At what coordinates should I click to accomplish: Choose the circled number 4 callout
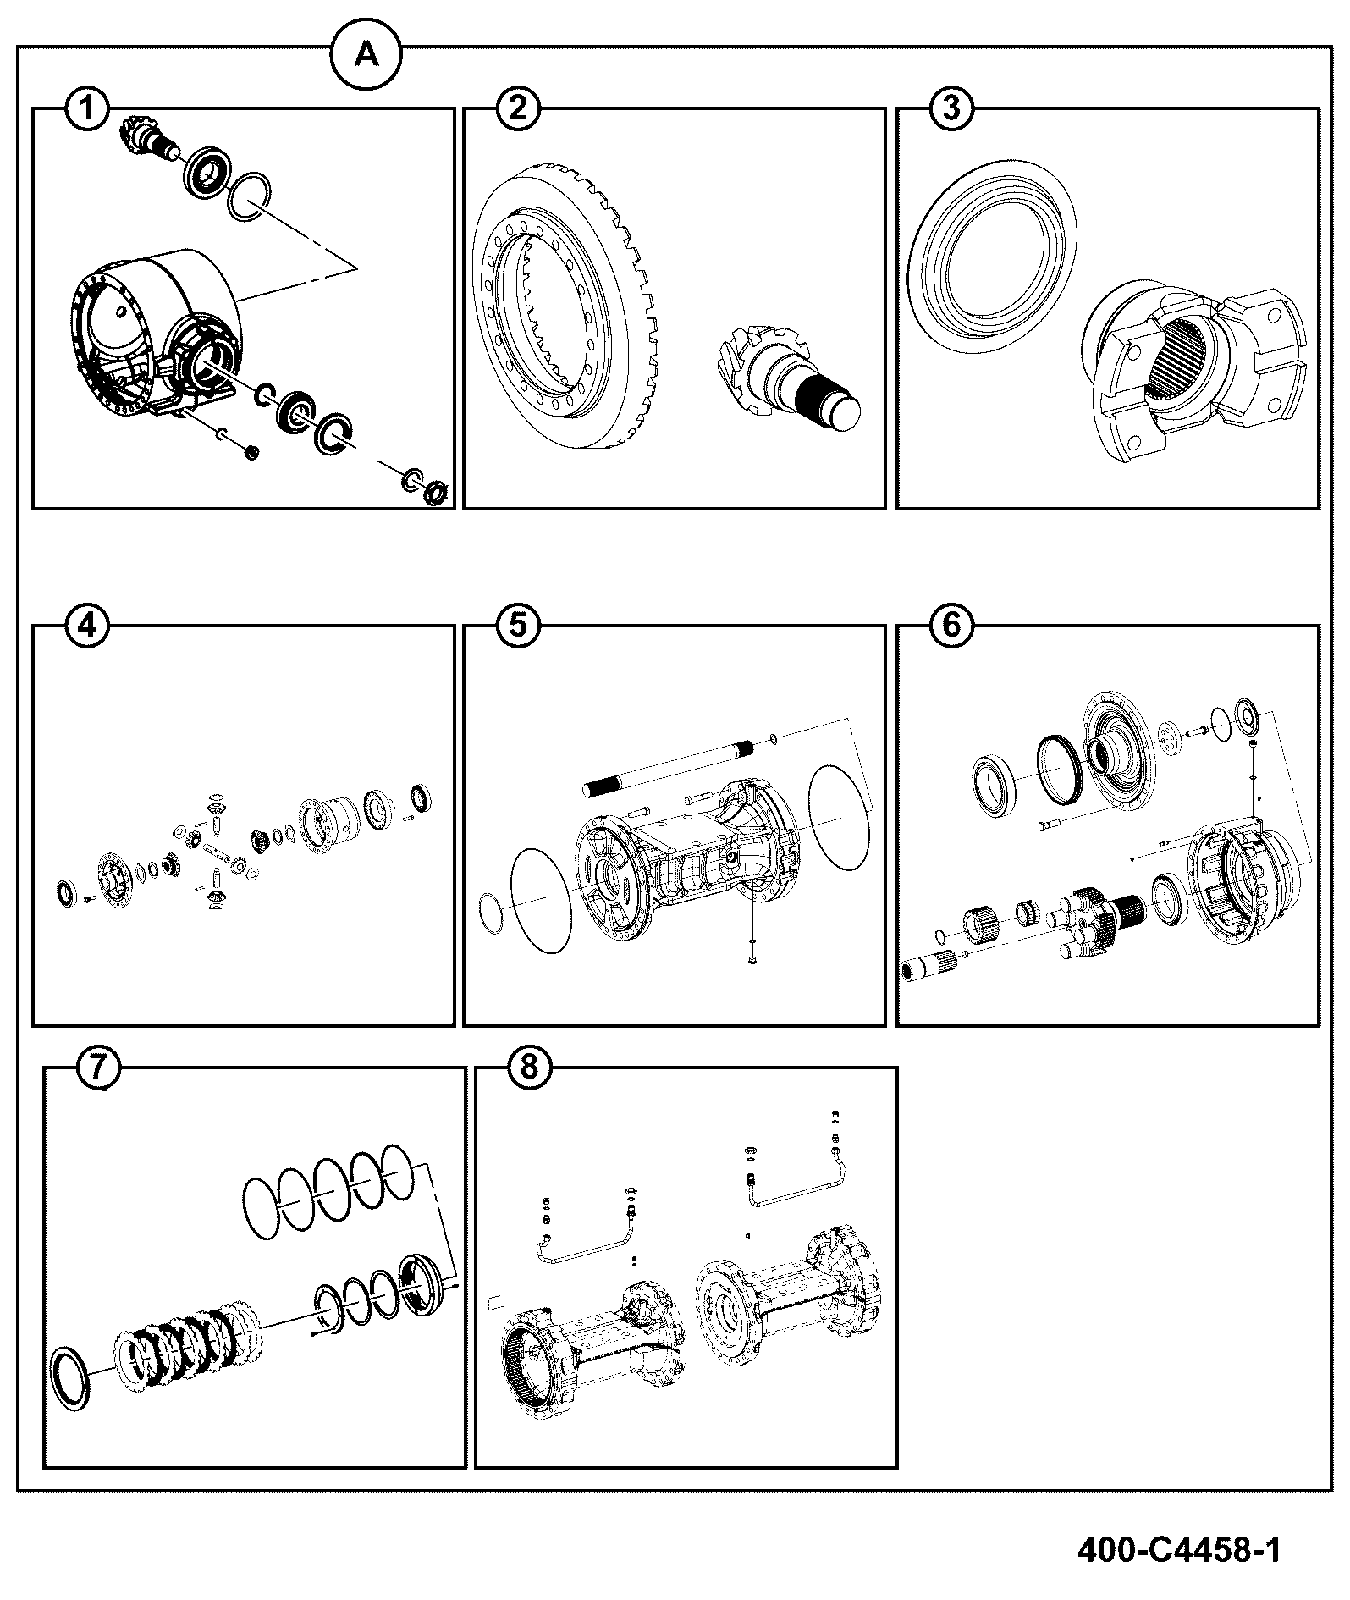(88, 626)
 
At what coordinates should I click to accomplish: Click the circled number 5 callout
(518, 626)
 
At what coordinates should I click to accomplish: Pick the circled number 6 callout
(951, 626)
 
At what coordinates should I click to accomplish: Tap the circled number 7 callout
(98, 1068)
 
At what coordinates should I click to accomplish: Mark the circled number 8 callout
(529, 1068)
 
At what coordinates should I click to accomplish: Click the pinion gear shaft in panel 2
(786, 380)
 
